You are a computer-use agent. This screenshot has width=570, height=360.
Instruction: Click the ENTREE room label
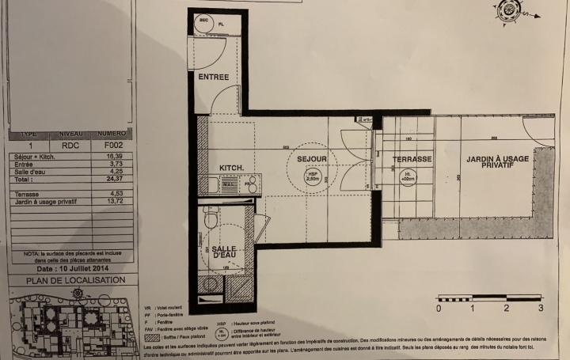pyautogui.click(x=214, y=78)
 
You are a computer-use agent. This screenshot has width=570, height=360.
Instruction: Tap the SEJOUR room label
pyautogui.click(x=312, y=159)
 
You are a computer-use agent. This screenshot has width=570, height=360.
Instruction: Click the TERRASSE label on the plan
pyautogui.click(x=412, y=160)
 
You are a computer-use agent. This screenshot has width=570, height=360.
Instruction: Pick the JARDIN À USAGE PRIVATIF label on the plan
pyautogui.click(x=496, y=163)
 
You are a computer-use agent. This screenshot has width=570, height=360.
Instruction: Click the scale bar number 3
pyautogui.click(x=540, y=308)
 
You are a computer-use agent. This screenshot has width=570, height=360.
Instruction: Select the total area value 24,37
pyautogui.click(x=115, y=180)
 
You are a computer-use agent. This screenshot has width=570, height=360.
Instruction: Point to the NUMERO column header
pyautogui.click(x=112, y=135)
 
